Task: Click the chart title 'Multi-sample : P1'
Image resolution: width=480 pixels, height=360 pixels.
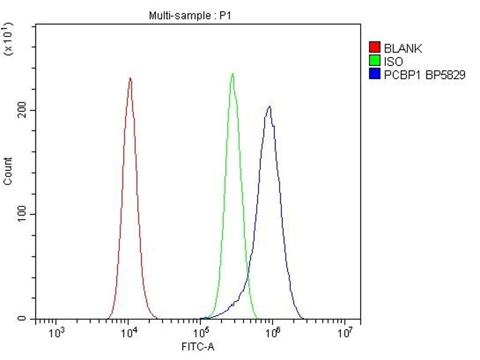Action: click(189, 16)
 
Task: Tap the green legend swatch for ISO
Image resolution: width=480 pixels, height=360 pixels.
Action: click(374, 61)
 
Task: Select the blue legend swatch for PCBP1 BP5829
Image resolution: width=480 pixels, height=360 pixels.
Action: click(374, 74)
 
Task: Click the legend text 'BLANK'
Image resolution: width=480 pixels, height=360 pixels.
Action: click(403, 48)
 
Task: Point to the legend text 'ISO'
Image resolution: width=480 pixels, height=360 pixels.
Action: click(394, 61)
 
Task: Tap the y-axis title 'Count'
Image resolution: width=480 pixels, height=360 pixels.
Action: click(8, 171)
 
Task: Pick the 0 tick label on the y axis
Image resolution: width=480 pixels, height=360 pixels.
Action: click(24, 319)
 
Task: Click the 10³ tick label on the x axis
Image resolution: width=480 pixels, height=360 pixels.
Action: click(56, 332)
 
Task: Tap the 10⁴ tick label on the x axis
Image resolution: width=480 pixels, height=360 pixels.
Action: click(128, 332)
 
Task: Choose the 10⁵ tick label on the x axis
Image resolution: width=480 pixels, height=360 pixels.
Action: click(200, 332)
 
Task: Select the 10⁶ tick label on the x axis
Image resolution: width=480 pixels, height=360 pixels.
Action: click(273, 332)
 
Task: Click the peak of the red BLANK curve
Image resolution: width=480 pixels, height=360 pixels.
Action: click(130, 78)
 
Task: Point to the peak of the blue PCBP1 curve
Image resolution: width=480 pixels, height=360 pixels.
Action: click(270, 107)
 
